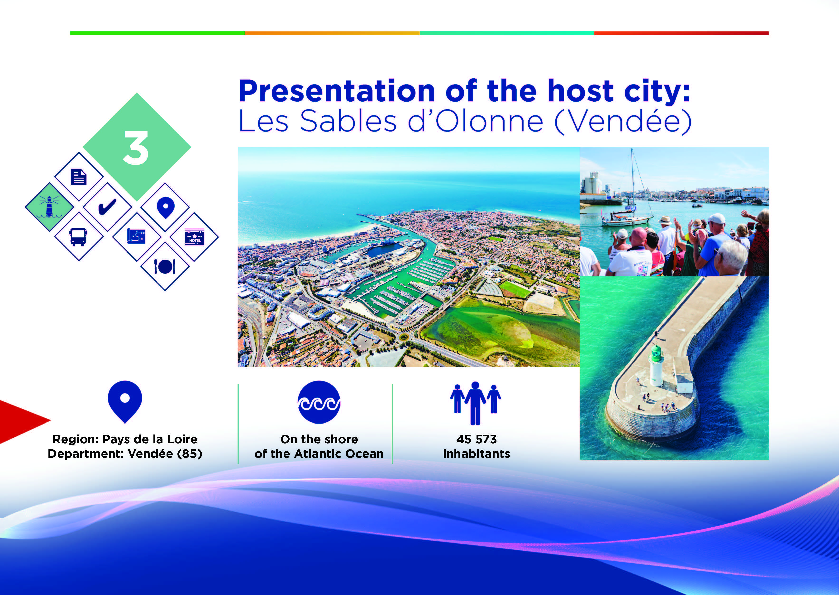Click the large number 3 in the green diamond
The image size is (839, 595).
[136, 148]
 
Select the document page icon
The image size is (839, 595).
[78, 177]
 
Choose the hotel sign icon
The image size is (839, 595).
[194, 237]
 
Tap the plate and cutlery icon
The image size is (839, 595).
[165, 266]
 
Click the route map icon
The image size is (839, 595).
[136, 236]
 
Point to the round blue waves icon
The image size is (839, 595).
[319, 402]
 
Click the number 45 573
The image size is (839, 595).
[477, 439]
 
